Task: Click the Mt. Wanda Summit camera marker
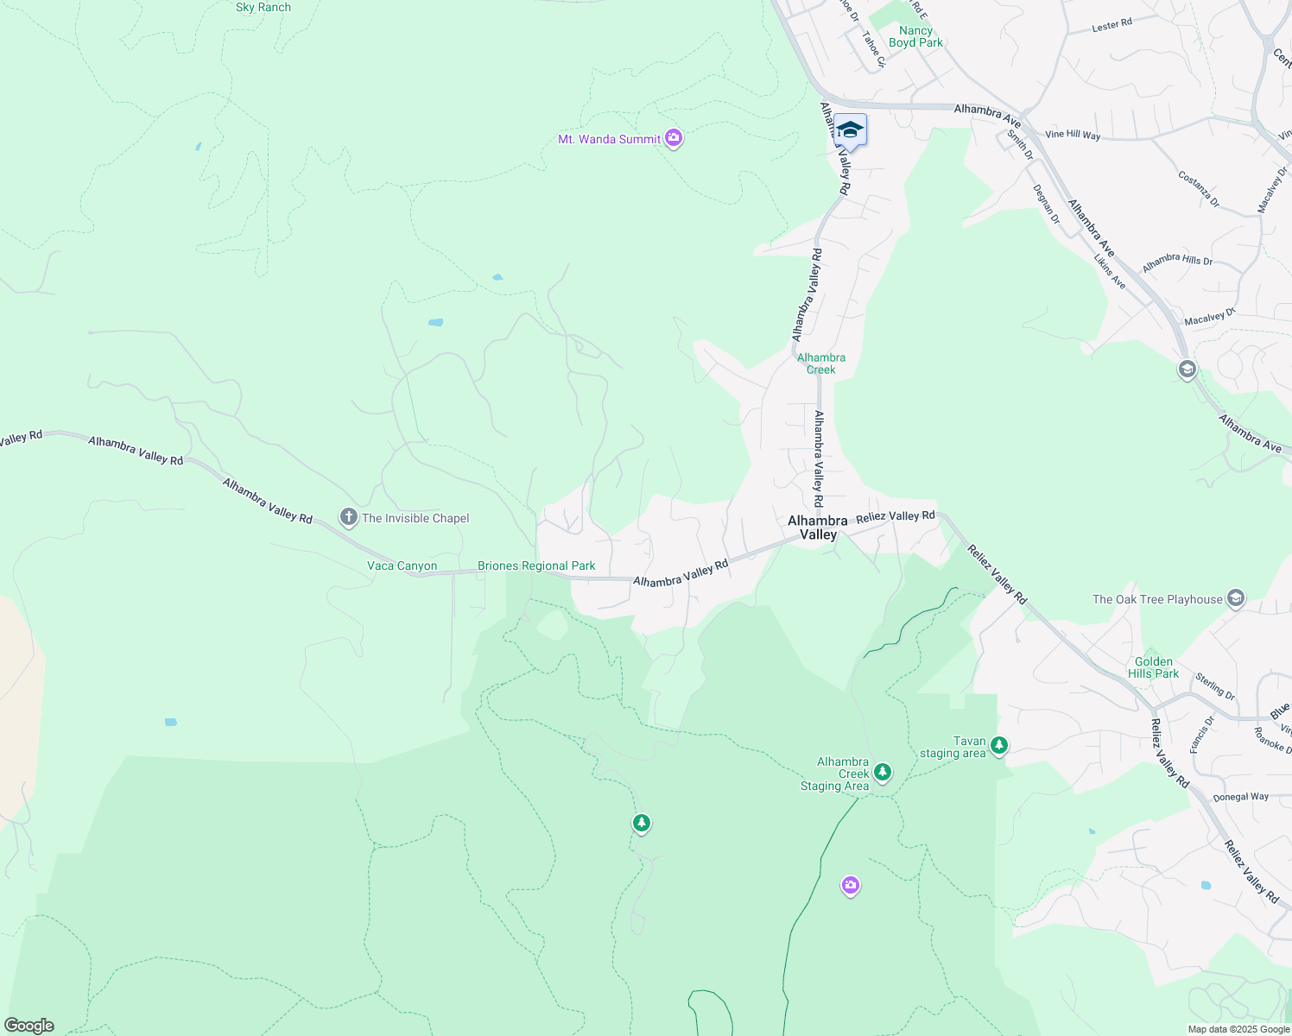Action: point(674,138)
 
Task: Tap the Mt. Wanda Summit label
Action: point(609,139)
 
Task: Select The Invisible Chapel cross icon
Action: point(349,517)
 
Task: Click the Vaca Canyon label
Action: point(402,566)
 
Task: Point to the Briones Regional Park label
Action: point(536,566)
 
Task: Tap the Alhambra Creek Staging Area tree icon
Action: point(882,772)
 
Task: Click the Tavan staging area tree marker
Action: point(999,744)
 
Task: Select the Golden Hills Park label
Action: point(1154,667)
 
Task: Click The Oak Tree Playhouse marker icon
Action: point(1236,598)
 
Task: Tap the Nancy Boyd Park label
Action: point(915,36)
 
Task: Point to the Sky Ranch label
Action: point(263,8)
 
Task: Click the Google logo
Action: point(29,1026)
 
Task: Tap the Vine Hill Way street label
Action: point(1073,135)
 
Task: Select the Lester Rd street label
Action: point(1111,26)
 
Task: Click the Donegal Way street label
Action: point(1241,797)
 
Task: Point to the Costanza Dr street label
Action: point(1199,189)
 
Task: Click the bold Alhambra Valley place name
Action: point(818,527)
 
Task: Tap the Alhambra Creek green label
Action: point(821,363)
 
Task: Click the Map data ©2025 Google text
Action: point(1238,1029)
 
